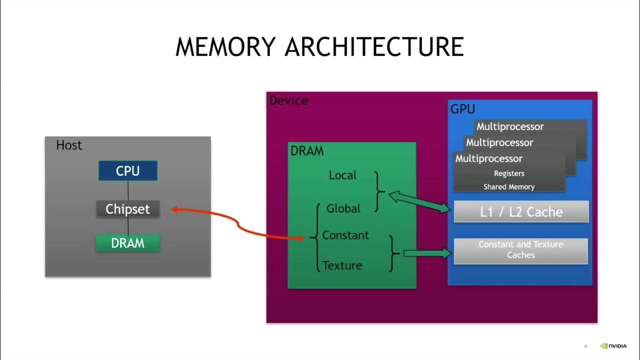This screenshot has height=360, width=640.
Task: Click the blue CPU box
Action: coord(128,170)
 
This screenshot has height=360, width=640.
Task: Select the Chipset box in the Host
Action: coord(128,209)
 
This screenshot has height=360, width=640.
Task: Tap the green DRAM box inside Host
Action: coord(128,243)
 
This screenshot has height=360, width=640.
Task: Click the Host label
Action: coord(69,145)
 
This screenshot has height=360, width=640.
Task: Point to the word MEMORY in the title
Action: coord(225,46)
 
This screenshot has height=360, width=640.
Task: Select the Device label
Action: coord(288,100)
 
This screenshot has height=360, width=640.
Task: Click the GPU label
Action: coord(462,109)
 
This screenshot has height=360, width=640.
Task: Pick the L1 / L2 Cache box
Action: coord(521,211)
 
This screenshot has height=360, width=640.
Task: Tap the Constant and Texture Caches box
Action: coord(520,250)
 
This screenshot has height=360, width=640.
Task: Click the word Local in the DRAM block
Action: coord(342,175)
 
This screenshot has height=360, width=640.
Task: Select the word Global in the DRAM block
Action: coord(343,208)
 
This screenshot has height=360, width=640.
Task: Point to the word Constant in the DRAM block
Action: coord(345,235)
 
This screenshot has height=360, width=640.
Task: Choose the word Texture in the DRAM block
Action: coord(342,265)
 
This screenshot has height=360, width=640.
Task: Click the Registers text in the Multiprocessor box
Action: coord(509,173)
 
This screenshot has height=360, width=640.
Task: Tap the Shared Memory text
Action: coord(509,187)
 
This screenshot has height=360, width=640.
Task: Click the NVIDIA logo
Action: coord(613,345)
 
